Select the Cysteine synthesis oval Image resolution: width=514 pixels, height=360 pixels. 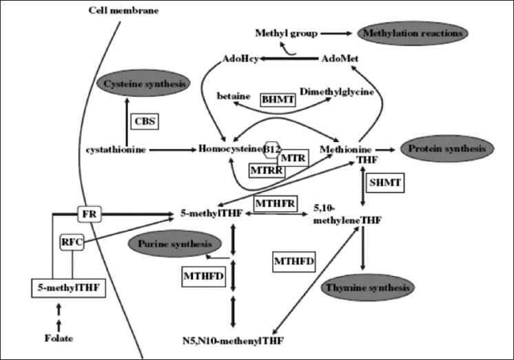[145, 84]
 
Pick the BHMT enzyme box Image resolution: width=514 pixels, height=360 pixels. [278, 99]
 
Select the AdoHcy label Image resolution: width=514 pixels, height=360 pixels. [240, 59]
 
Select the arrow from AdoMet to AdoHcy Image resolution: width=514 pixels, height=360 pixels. [289, 59]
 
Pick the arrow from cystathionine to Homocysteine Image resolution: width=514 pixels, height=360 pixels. [172, 148]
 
